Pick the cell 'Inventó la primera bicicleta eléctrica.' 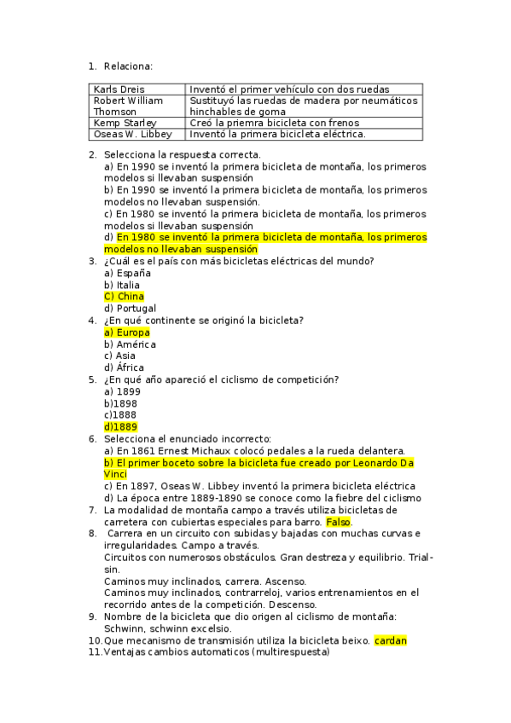277,134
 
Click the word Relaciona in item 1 128,65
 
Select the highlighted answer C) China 124,297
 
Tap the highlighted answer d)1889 120,427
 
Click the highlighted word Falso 339,522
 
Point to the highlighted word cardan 391,640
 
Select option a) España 127,273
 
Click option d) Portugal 130,309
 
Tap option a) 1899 122,391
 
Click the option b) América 130,344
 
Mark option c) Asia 119,356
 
